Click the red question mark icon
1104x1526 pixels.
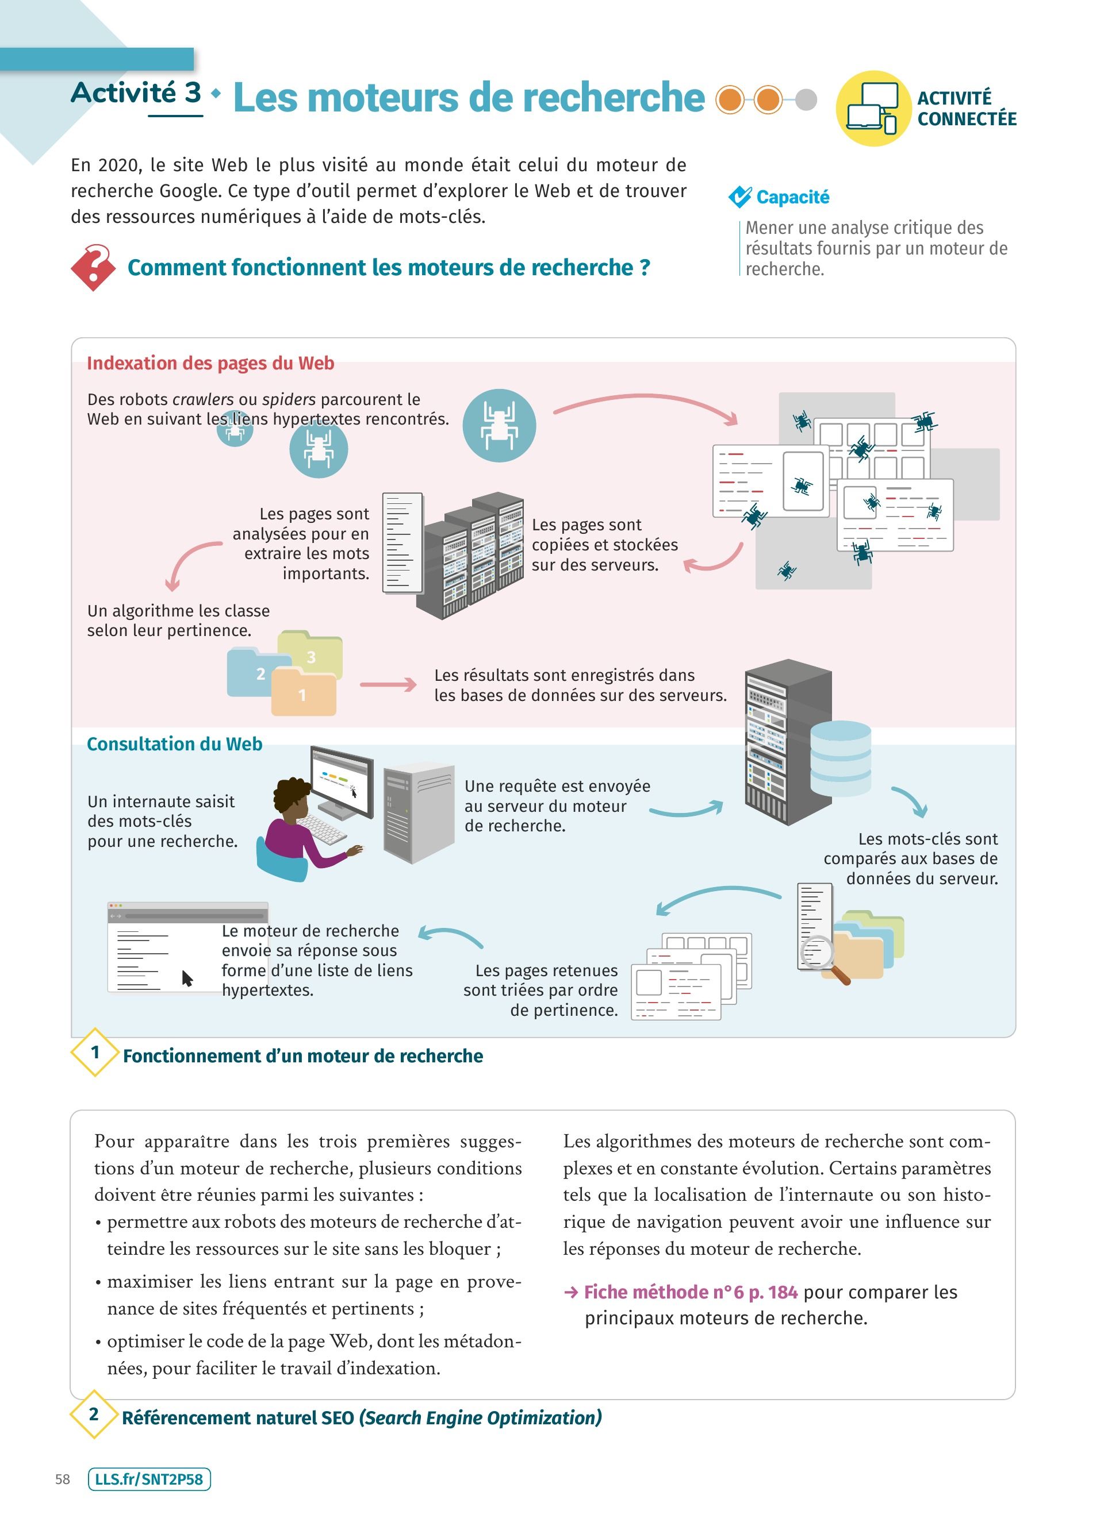pos(94,267)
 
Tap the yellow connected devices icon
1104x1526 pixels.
pos(872,109)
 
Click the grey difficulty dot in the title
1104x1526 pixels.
pos(806,99)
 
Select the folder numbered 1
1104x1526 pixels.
pos(304,693)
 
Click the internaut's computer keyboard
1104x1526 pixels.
pos(322,829)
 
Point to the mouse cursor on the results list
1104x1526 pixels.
pos(187,978)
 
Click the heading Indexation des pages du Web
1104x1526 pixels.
pos(210,363)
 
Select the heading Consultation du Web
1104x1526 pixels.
pos(174,744)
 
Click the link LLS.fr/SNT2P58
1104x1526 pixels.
pos(149,1479)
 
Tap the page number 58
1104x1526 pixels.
pos(63,1479)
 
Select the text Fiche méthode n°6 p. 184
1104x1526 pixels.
pos(690,1292)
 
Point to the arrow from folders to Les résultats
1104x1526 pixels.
pos(389,685)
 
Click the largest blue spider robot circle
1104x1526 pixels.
pos(499,425)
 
